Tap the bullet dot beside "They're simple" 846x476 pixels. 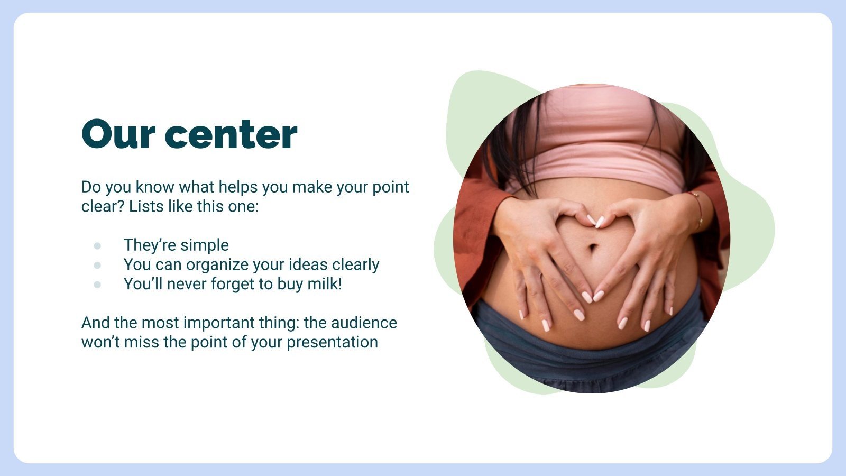click(97, 246)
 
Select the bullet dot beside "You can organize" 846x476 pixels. click(97, 265)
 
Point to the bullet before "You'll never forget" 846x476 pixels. click(97, 285)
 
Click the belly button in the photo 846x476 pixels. click(593, 246)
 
